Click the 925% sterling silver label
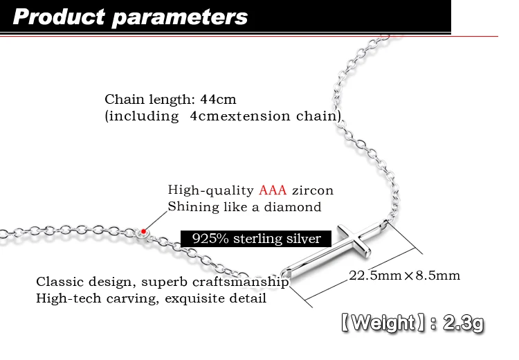tap(256, 239)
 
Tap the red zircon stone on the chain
tap(143, 231)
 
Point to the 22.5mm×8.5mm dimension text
tap(404, 276)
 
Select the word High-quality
tap(211, 190)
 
